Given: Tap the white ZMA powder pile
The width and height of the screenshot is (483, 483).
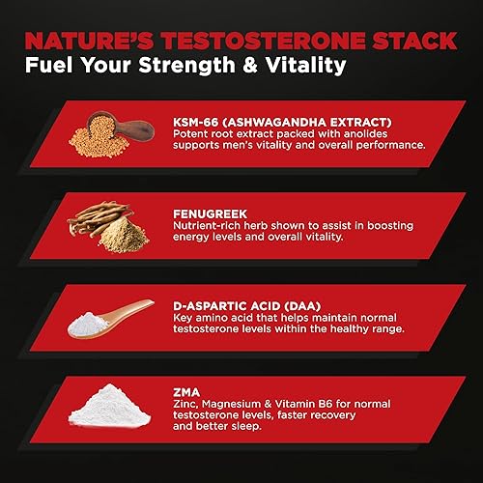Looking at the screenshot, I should point(106,411).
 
